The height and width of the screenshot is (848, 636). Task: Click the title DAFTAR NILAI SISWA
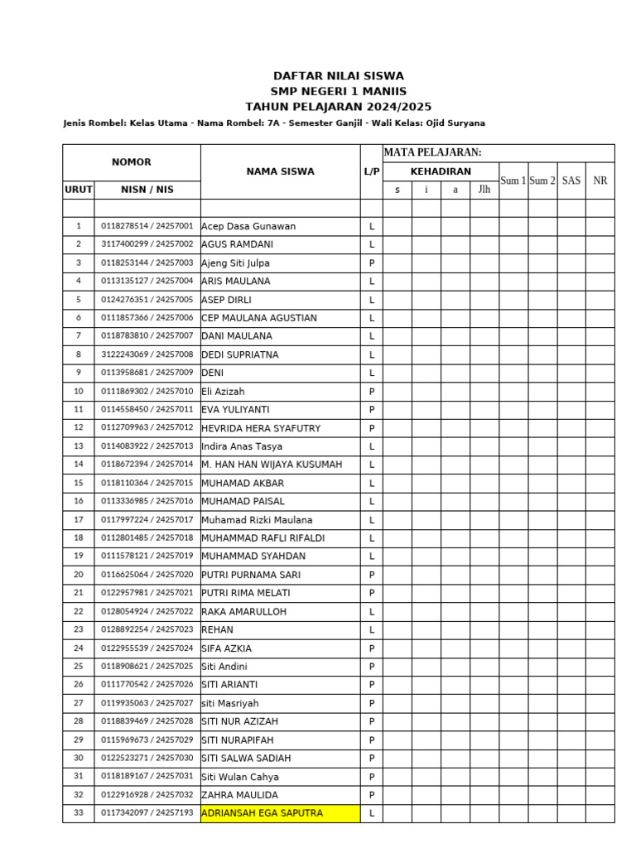[338, 76]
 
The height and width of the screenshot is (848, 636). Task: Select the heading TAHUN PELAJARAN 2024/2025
[338, 107]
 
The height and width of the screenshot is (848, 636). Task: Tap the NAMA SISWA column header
[280, 171]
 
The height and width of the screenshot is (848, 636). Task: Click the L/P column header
[371, 171]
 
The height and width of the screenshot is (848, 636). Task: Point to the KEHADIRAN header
[441, 171]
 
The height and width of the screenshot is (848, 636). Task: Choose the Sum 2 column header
[542, 181]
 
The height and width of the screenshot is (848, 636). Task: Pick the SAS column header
[571, 181]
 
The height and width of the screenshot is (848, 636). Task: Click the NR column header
[600, 181]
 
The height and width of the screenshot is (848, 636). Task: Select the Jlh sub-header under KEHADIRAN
[484, 190]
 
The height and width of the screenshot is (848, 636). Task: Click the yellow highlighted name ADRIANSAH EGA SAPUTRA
[262, 813]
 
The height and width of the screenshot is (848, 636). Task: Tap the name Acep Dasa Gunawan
[248, 226]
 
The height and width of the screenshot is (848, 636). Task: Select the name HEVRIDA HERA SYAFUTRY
[261, 428]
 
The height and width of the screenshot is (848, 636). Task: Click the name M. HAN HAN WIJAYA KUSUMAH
[272, 465]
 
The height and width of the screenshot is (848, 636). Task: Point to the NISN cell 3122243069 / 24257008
[147, 354]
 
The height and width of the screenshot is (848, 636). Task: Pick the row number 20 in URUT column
[79, 575]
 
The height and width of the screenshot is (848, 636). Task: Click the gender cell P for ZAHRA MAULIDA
[372, 795]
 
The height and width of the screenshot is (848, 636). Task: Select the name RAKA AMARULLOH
[243, 611]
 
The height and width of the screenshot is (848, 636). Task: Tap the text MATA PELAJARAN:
[432, 152]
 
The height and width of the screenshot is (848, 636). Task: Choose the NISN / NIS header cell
[147, 190]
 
